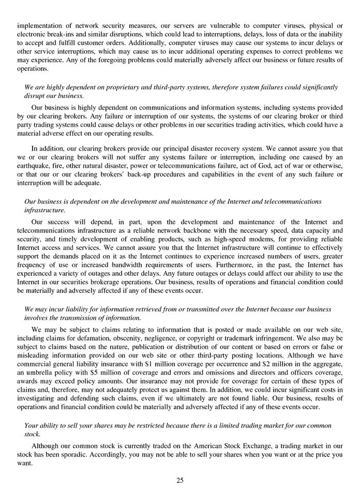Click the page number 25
coord(179,480)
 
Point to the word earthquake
coord(35,165)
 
